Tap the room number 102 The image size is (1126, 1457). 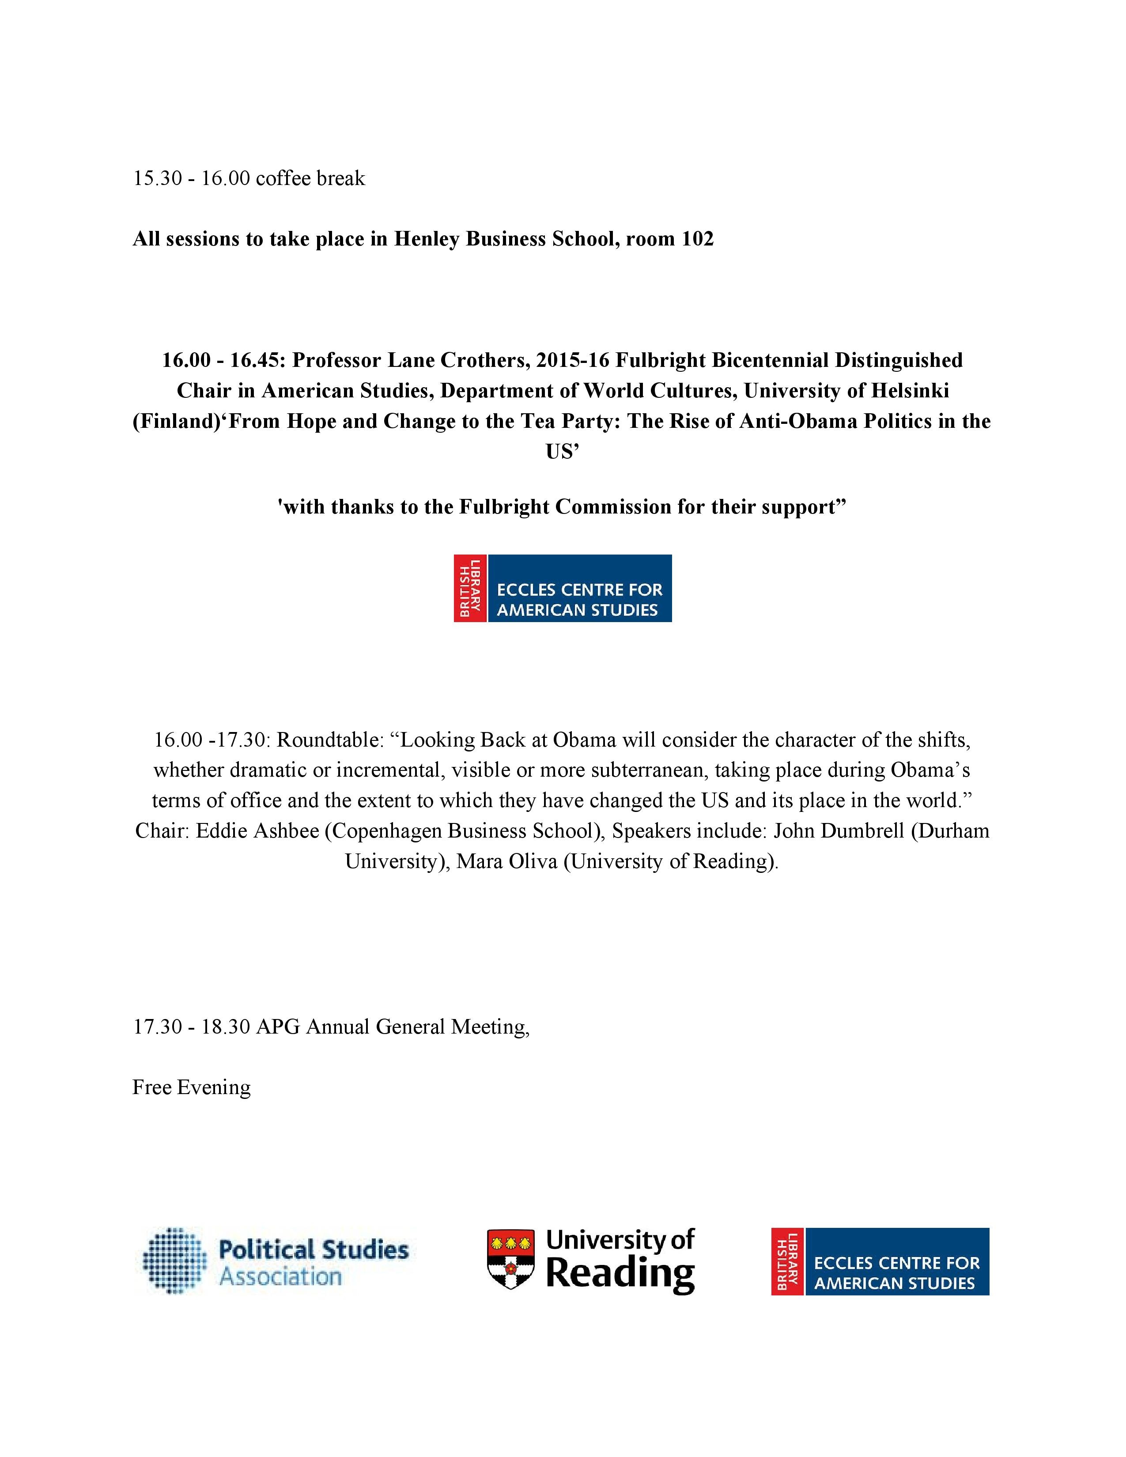[x=697, y=239]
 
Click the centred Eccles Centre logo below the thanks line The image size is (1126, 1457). [x=562, y=589]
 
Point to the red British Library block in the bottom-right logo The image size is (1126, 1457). [x=788, y=1261]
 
